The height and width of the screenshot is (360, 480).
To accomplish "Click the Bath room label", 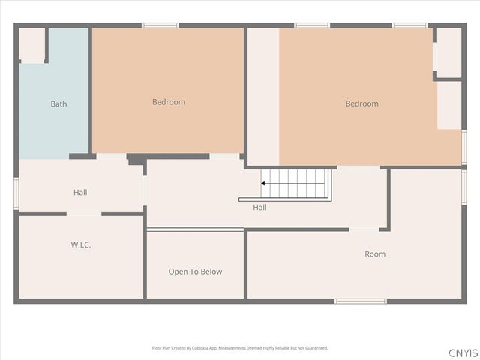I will click(x=58, y=103).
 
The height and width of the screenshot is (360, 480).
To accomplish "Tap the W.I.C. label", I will click(x=81, y=244).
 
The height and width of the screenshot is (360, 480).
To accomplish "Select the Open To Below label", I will click(x=195, y=271).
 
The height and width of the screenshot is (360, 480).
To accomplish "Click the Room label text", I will click(x=375, y=253).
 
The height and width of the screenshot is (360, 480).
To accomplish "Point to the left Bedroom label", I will click(x=169, y=102).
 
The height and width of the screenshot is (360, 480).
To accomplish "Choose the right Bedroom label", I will click(x=361, y=103).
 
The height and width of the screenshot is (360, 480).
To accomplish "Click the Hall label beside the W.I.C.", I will click(x=80, y=192).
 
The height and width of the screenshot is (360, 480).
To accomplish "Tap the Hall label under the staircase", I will click(x=259, y=207).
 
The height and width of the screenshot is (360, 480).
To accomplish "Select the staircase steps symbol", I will click(x=296, y=183).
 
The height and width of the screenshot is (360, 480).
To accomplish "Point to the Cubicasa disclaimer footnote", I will click(x=240, y=348).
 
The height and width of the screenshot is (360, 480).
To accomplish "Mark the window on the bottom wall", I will click(x=361, y=301).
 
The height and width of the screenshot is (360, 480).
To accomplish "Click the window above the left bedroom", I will click(x=160, y=25).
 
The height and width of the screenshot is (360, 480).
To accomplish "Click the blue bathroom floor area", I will click(x=52, y=127).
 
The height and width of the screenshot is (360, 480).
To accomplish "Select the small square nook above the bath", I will click(x=32, y=45).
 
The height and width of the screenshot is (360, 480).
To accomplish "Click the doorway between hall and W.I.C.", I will click(x=84, y=214).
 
